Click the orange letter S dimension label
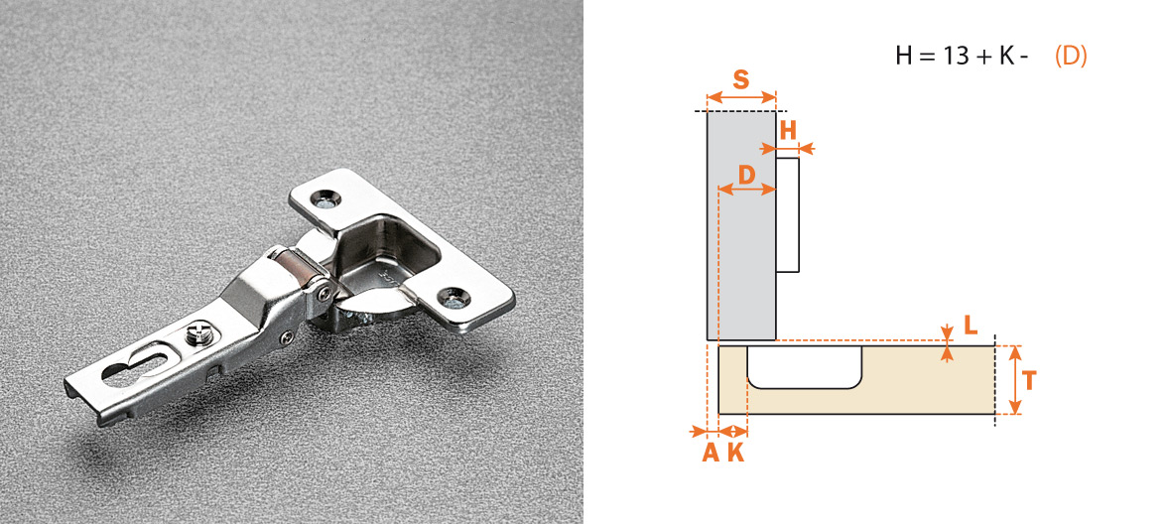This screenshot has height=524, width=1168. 740,79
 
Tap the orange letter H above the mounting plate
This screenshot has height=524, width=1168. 788,131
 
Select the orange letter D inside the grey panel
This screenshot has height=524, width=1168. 746,176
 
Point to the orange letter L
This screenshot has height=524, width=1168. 970,325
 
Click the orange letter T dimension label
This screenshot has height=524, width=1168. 1029,381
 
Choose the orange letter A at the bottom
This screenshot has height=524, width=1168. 711,453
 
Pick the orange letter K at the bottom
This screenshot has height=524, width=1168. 735,453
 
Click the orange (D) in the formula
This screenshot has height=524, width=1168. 1071,57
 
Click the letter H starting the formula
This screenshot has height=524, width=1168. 904,57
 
